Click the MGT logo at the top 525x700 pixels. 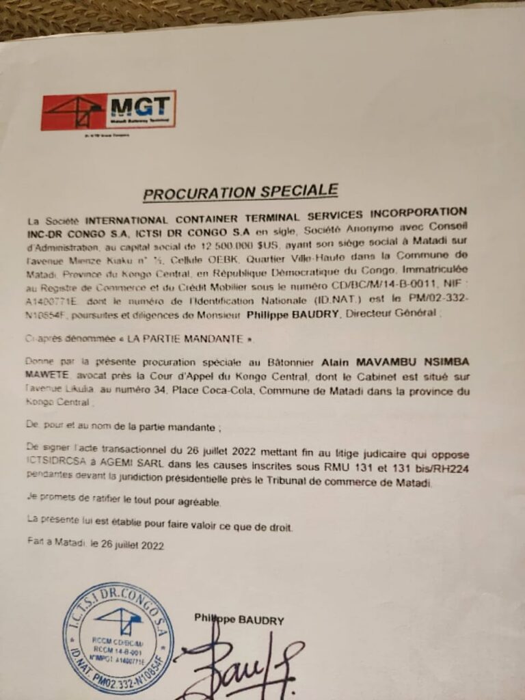coord(108,110)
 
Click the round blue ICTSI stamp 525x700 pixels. coord(118,639)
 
